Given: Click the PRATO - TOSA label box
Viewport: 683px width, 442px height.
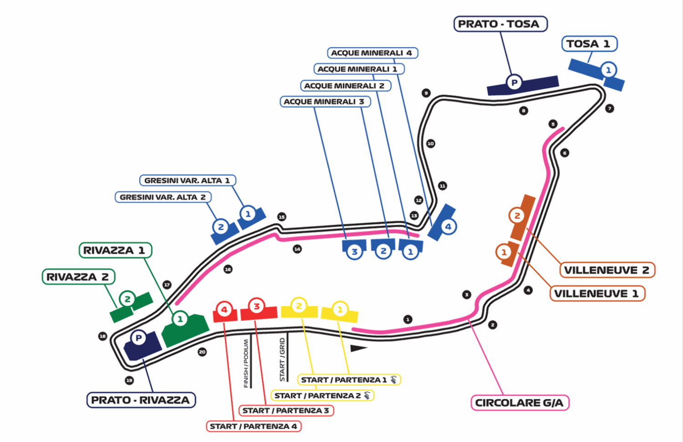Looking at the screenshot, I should click(x=500, y=24).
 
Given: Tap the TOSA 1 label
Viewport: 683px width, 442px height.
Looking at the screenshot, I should click(x=589, y=44).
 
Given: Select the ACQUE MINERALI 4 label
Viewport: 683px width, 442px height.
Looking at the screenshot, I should click(x=372, y=53).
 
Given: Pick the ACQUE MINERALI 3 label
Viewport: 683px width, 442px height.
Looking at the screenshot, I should click(x=325, y=102).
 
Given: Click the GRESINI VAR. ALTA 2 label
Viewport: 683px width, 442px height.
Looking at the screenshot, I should click(x=163, y=197).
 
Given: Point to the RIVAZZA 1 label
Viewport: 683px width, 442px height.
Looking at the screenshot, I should click(x=115, y=250).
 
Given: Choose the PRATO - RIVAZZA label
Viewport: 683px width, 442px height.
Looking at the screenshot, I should click(x=141, y=400).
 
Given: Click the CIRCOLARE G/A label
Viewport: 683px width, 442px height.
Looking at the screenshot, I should click(x=519, y=403).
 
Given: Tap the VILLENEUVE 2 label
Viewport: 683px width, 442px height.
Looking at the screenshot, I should click(x=607, y=270).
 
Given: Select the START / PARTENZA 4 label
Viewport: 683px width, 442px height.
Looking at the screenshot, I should click(x=254, y=426).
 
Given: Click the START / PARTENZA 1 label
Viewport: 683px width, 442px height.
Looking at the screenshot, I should click(x=349, y=380).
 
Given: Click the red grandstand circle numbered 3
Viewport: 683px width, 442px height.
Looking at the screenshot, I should click(x=257, y=306).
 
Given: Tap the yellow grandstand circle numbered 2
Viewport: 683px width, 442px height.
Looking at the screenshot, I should click(x=299, y=306).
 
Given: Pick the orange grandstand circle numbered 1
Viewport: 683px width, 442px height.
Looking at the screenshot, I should click(x=504, y=252).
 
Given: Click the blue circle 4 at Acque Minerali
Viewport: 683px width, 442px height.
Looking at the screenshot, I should click(x=448, y=226).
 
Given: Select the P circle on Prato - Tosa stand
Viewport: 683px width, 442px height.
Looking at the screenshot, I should click(x=514, y=82).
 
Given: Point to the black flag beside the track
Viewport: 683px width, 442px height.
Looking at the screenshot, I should click(x=358, y=349).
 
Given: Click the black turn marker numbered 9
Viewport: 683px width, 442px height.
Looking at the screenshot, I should click(x=426, y=93).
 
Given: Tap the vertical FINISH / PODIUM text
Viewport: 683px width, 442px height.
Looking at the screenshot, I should click(x=246, y=363).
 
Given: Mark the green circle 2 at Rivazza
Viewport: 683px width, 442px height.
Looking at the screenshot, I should click(x=127, y=299).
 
